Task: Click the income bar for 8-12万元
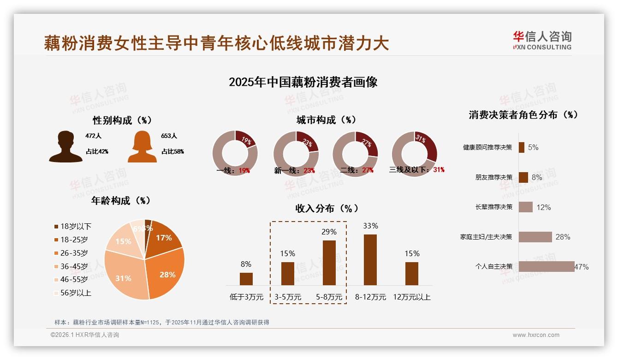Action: pos(370,259)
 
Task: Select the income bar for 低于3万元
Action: pos(246,279)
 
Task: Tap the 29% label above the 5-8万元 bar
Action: pos(329,232)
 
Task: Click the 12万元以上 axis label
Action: pos(411,297)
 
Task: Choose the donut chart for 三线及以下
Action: pos(414,153)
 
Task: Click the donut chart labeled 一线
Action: pos(235,153)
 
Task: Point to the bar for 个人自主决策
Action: pos(547,266)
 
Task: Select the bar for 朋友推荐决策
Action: pos(523,177)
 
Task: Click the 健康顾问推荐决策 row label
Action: pos(487,148)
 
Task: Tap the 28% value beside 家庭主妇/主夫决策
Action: pos(563,237)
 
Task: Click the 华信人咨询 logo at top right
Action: pos(542,41)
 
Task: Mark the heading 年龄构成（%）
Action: pos(121,201)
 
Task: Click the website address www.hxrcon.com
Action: pos(536,335)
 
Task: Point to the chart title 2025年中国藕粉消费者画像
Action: pos(303,82)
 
